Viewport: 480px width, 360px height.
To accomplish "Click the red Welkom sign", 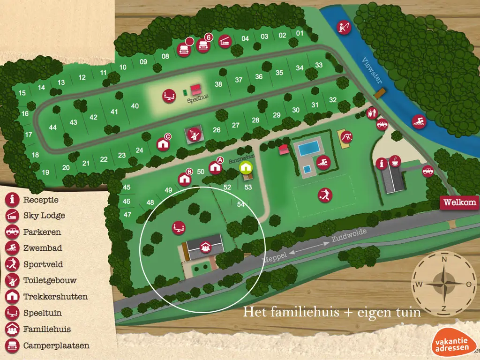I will [x=460, y=202].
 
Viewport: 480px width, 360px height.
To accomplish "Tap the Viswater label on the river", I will [x=373, y=71].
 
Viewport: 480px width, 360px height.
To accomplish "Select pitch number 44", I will [x=52, y=127].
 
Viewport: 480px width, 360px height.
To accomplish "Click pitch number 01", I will [x=300, y=33].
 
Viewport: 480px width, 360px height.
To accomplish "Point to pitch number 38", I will [x=218, y=85].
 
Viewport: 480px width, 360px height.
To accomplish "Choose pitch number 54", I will [x=241, y=204].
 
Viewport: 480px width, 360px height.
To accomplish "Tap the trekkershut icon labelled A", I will [x=215, y=167].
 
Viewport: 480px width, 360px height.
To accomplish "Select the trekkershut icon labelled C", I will [x=163, y=143].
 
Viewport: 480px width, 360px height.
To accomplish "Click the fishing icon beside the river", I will [x=345, y=26].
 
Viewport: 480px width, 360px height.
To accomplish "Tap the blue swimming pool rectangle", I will [x=309, y=149].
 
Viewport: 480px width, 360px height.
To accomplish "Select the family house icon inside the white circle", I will [x=205, y=246].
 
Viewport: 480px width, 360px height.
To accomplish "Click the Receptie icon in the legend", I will [x=11, y=200].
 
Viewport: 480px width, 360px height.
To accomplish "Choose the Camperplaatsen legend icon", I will [x=11, y=345].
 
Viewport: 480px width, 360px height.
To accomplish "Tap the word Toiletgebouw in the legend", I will [x=50, y=280].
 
